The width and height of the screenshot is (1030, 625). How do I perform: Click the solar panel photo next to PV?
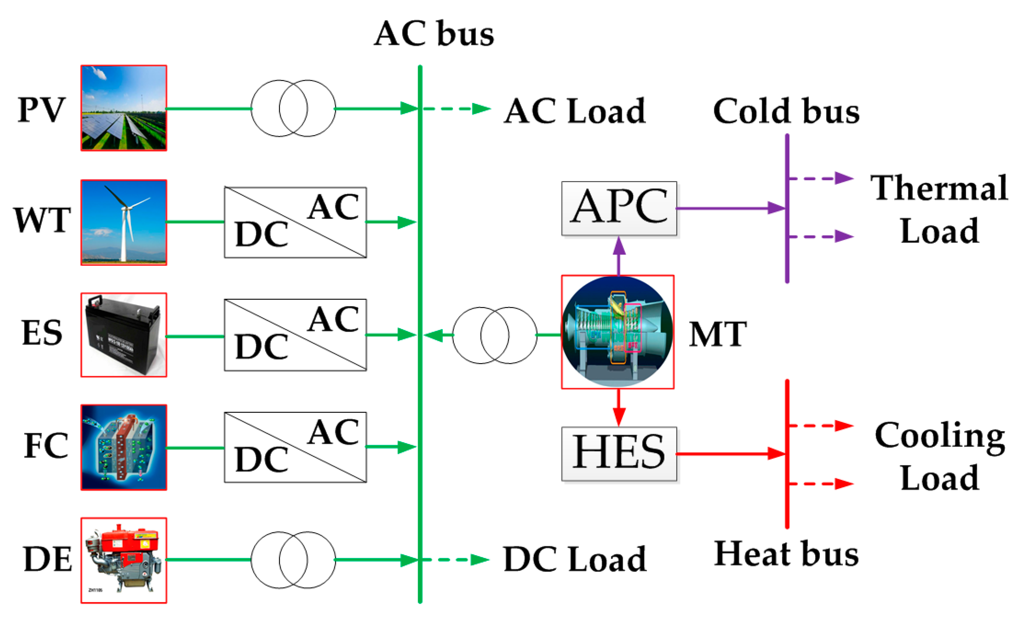tap(124, 108)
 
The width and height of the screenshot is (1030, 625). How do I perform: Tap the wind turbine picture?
tap(124, 222)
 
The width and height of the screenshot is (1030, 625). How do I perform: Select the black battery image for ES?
tap(124, 335)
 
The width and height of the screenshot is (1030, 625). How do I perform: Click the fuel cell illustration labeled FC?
tap(124, 447)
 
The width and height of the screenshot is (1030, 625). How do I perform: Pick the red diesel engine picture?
tap(124, 560)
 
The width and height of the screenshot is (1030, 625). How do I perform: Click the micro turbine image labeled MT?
tap(618, 332)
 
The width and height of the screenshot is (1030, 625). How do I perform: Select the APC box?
tap(619, 208)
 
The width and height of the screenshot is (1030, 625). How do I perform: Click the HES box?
tap(619, 454)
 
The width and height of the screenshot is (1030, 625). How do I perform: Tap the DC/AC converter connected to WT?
tap(295, 222)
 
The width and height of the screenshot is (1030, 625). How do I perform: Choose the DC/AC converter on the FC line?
tap(295, 447)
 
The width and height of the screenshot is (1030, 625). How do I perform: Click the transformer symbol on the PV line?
tap(293, 108)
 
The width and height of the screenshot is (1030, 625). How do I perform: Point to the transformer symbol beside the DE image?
tap(293, 560)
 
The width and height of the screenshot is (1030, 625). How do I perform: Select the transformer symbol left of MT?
tap(495, 335)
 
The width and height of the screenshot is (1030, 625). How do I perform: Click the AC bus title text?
tap(434, 34)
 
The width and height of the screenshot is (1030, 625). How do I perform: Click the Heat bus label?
tap(786, 554)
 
